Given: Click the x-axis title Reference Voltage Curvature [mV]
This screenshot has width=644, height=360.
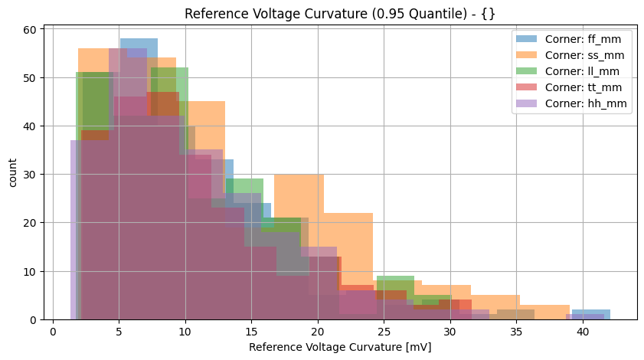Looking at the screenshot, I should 340,347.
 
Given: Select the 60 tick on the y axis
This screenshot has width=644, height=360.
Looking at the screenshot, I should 44,30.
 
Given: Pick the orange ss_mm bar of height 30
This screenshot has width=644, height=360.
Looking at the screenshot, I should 299,191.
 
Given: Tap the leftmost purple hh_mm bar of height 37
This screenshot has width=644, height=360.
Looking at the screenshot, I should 74,230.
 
